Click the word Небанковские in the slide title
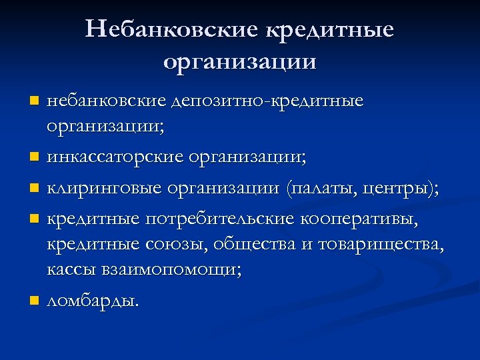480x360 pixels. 172,29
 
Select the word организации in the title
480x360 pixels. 239,62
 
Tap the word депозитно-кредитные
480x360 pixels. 267,102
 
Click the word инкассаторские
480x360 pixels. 116,159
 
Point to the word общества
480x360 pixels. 255,244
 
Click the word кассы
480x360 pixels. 69,271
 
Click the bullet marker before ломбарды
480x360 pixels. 35,301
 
